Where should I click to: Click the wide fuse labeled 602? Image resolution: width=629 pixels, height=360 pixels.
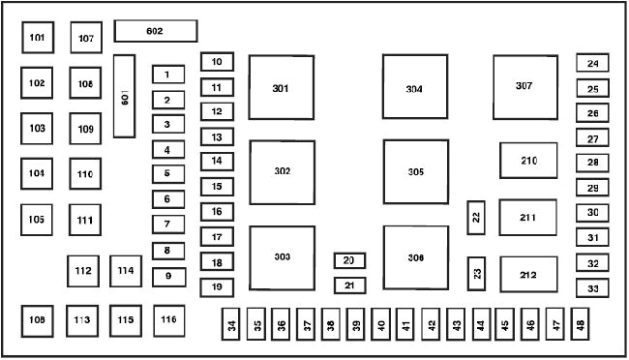[x=155, y=31]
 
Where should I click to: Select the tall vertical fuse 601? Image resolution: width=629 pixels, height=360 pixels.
[x=124, y=96]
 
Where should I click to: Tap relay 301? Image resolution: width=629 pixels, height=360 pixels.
[x=281, y=88]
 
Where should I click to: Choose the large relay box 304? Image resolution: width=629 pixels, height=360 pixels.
[x=414, y=88]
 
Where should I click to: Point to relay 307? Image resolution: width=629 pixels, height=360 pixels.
[x=524, y=86]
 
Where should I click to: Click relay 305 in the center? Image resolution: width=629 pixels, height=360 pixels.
[x=415, y=171]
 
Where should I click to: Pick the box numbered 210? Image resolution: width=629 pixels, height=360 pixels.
[x=528, y=161]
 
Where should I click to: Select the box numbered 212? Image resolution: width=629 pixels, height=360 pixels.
[x=528, y=275]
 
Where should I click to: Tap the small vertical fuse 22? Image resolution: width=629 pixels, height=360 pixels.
[x=475, y=218]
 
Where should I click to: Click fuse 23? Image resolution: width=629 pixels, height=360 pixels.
[x=476, y=274]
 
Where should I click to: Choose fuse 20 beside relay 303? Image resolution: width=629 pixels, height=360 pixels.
[x=349, y=260]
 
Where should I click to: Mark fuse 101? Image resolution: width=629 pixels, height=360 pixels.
[x=37, y=38]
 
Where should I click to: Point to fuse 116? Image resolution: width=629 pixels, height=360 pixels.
[x=169, y=319]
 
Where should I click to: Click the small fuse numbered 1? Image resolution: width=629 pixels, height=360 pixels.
[x=167, y=74]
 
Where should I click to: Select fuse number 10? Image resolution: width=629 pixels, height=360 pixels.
[x=217, y=63]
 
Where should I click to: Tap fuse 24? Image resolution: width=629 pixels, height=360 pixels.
[x=592, y=64]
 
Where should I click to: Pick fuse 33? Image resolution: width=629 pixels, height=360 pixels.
[x=592, y=288]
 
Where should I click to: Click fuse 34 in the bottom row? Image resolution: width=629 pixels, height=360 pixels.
[x=231, y=326]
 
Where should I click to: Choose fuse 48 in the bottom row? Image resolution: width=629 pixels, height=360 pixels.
[x=580, y=326]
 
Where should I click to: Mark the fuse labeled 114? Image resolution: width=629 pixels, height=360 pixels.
[x=126, y=271]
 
